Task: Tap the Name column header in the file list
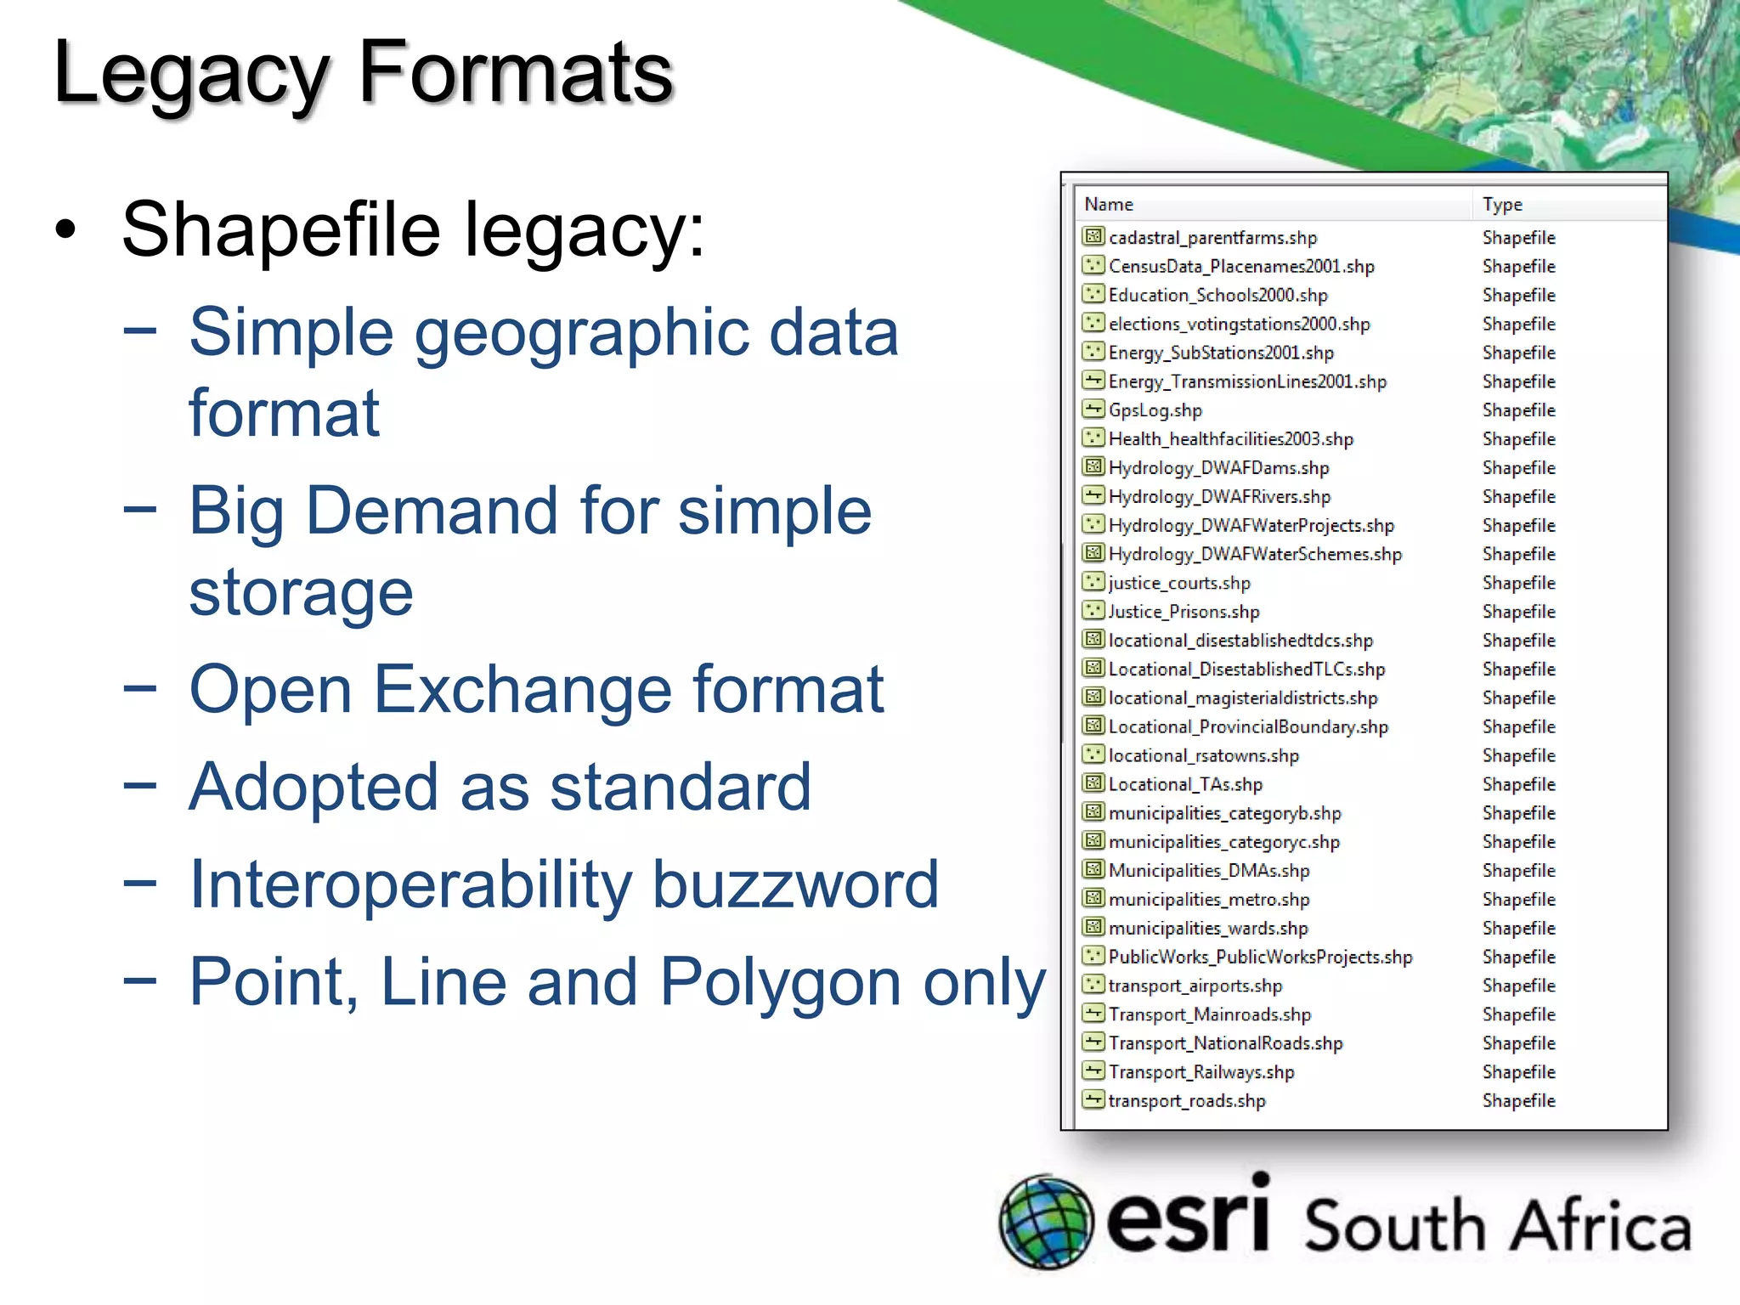pyautogui.click(x=1109, y=205)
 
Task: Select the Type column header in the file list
pyautogui.click(x=1502, y=205)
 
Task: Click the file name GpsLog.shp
pyautogui.click(x=1155, y=410)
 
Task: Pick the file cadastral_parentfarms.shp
pyautogui.click(x=1212, y=238)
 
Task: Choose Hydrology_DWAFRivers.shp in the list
pyautogui.click(x=1219, y=497)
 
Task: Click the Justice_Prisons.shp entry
pyautogui.click(x=1184, y=612)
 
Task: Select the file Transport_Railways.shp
pyautogui.click(x=1201, y=1072)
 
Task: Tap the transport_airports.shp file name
pyautogui.click(x=1195, y=986)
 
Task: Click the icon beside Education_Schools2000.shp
pyautogui.click(x=1093, y=294)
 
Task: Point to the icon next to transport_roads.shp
pyautogui.click(x=1093, y=1099)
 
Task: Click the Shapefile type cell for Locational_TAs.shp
pyautogui.click(x=1518, y=784)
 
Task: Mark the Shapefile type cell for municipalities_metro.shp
pyautogui.click(x=1518, y=899)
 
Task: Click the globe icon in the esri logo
pyautogui.click(x=1046, y=1222)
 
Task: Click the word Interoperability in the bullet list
pyautogui.click(x=410, y=885)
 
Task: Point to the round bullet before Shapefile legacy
pyautogui.click(x=66, y=230)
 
